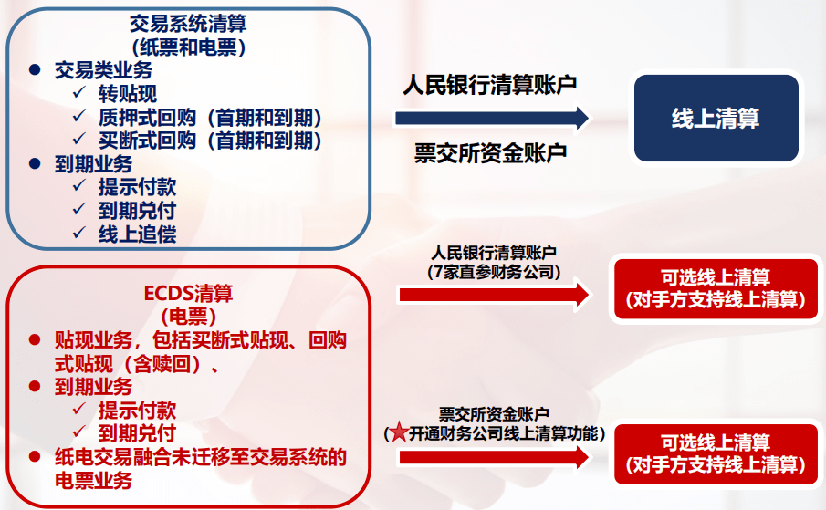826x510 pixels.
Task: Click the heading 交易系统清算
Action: pos(188,24)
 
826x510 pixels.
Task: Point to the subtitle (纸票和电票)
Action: pos(188,46)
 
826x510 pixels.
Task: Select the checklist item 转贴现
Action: pos(128,93)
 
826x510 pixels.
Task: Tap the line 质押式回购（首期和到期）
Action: pos(210,117)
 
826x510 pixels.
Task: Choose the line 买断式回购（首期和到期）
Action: pos(210,141)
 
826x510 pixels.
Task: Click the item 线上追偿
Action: pos(138,234)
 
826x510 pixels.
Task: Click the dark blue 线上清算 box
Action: pos(716,119)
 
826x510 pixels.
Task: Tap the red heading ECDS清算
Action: pos(188,294)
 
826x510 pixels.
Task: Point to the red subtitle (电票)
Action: pos(188,317)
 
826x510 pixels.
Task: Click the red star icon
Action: pos(399,433)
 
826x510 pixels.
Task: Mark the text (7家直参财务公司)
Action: pos(494,271)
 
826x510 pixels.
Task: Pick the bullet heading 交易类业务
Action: pos(103,70)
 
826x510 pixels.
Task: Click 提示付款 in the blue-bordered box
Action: pos(138,187)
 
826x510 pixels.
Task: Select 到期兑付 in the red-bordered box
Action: pos(138,432)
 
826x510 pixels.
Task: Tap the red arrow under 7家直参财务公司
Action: pos(494,294)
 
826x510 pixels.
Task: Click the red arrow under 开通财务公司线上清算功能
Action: pos(494,456)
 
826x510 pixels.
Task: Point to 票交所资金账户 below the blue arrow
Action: pos(490,152)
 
